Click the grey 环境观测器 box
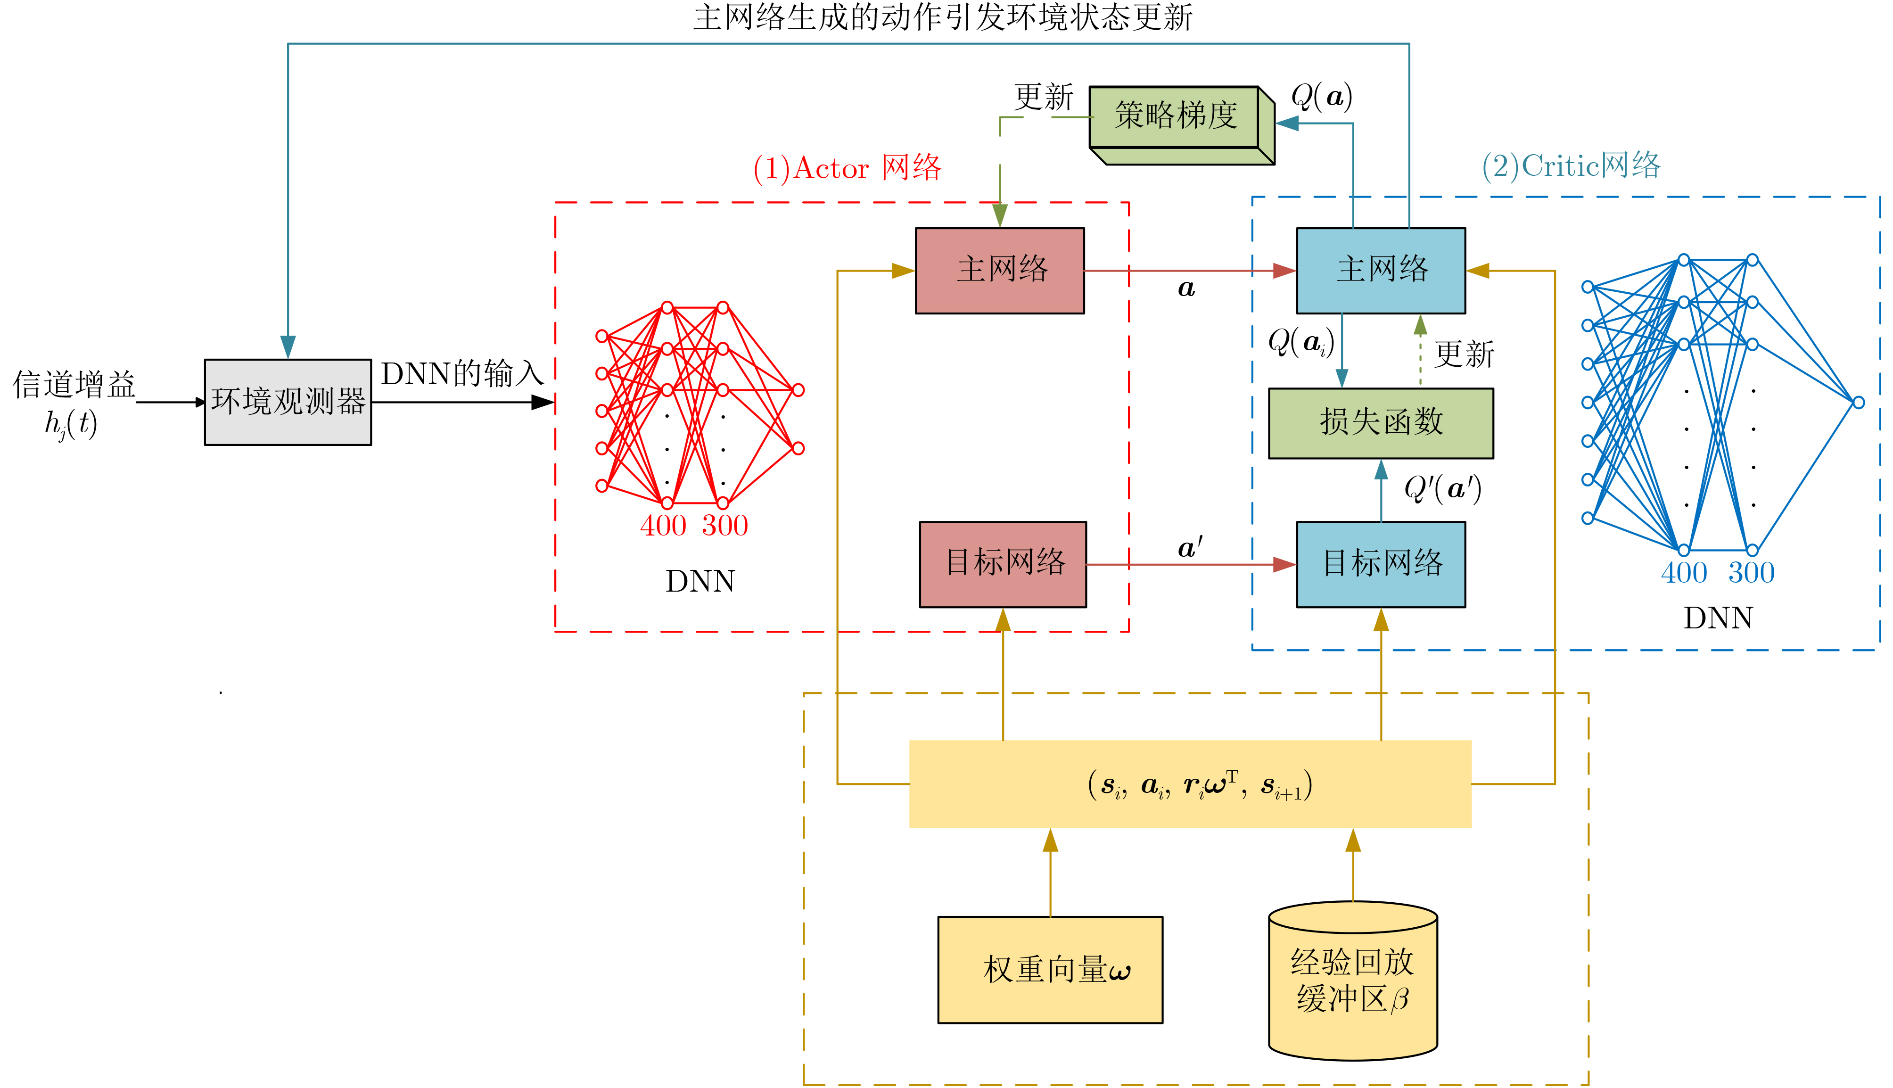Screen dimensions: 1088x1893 point(288,402)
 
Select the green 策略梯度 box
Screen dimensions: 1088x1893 point(1175,116)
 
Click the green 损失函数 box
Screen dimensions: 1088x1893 point(1381,423)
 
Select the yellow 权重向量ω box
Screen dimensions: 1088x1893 point(1050,969)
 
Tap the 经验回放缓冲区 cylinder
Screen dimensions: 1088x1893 point(1353,981)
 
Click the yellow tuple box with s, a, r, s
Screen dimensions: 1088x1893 point(1189,784)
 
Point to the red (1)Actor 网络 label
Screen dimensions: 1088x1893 point(847,168)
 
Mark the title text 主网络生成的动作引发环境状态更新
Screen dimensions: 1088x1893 point(943,17)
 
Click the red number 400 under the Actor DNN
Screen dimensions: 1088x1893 point(663,526)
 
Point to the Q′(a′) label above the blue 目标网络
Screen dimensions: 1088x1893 point(1442,489)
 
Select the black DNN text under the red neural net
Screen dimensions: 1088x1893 point(700,581)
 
